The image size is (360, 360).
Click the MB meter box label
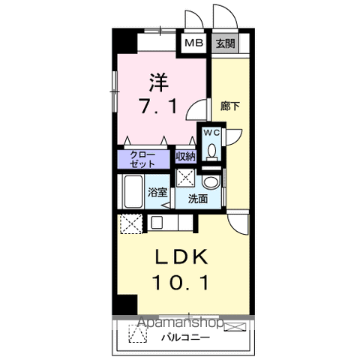point(193,43)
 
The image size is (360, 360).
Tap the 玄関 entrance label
point(226,43)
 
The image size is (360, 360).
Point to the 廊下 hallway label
point(230,106)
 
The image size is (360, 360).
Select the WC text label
point(211,132)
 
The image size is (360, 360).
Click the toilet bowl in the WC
point(212,152)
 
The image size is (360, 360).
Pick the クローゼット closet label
point(142,159)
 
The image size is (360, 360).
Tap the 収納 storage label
point(185,157)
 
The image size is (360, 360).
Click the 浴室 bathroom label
point(157,192)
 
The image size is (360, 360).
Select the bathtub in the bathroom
point(133,191)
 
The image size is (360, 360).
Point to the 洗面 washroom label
point(198,199)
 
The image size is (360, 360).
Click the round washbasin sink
point(211,182)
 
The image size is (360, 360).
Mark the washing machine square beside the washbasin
point(185,178)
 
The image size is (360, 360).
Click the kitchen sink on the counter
point(157,222)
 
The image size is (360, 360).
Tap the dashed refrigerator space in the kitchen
point(131,224)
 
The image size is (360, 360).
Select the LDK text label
point(181,256)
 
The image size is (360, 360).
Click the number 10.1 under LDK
point(181,283)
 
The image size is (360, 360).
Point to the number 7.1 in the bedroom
point(158,106)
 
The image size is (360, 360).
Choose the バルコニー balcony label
point(185,338)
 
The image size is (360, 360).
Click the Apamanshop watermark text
point(181,322)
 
